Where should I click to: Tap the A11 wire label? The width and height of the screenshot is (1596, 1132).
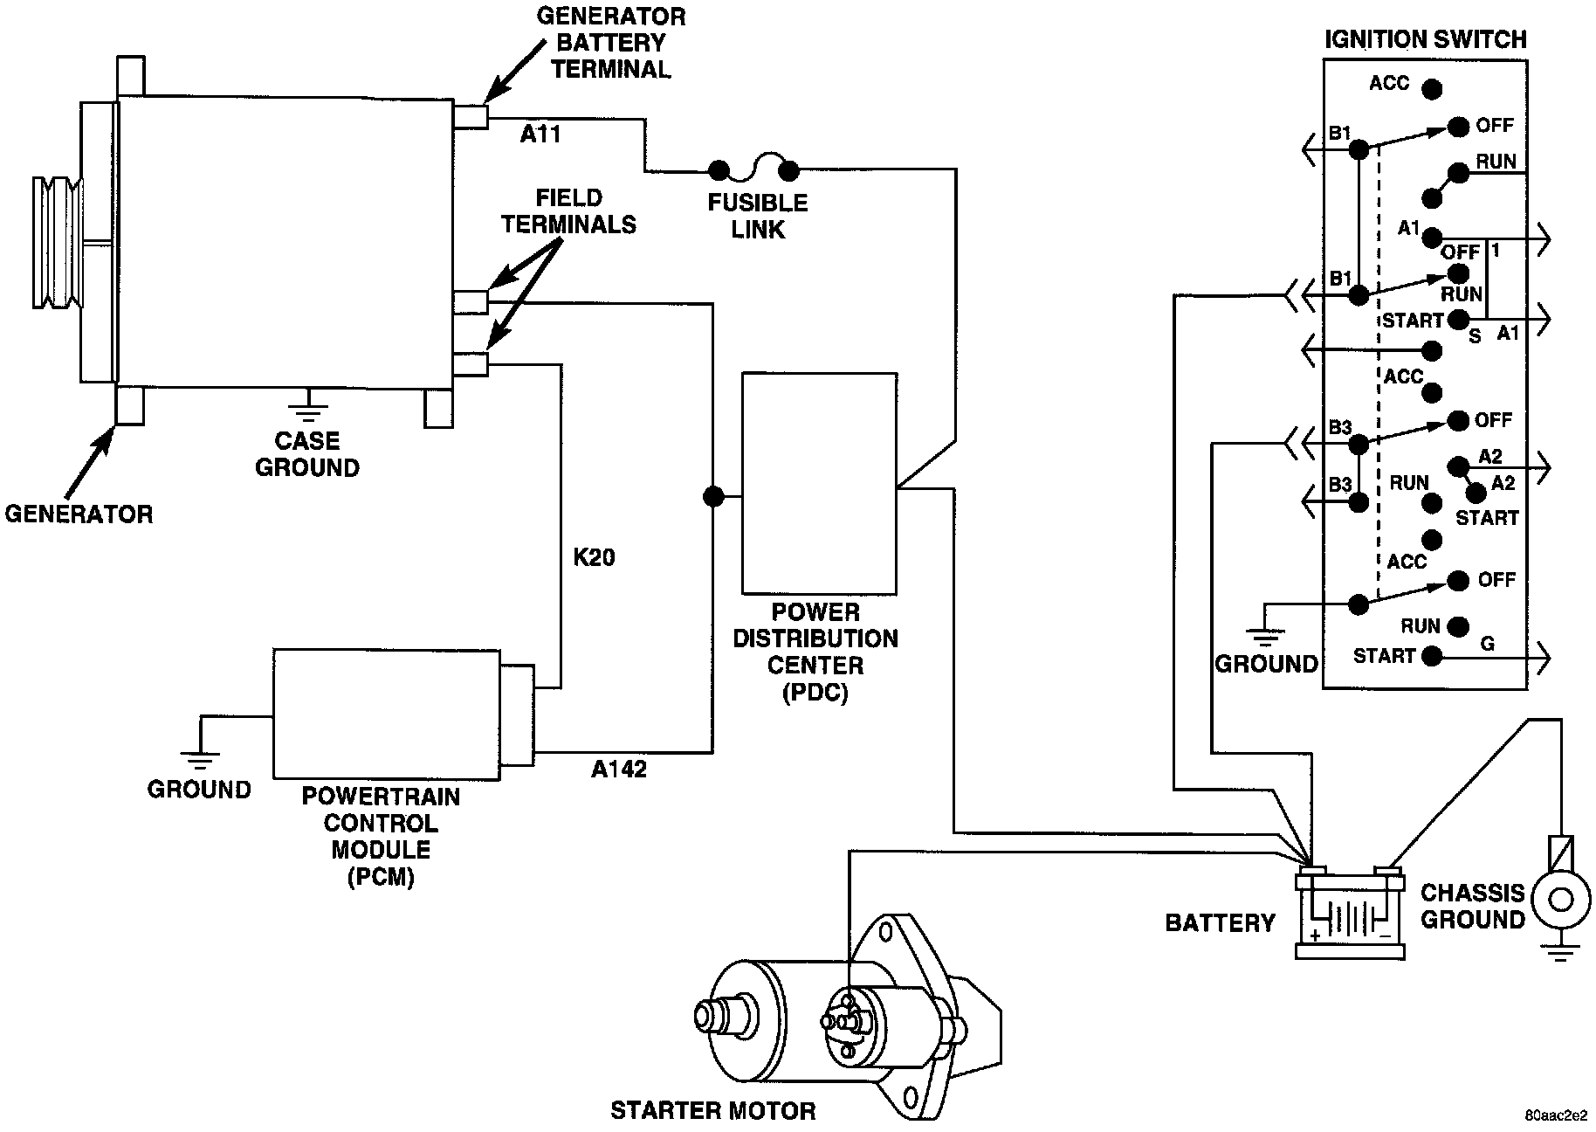[x=540, y=134]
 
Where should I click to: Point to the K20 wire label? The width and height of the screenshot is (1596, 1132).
[x=594, y=557]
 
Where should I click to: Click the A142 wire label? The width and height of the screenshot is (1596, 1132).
[x=619, y=769]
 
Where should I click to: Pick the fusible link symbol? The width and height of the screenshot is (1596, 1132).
[x=753, y=166]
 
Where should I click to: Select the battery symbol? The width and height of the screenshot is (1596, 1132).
[x=1349, y=913]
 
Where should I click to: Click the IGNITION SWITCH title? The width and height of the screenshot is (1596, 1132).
[x=1426, y=39]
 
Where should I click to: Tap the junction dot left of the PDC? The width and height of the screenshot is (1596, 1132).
[x=713, y=496]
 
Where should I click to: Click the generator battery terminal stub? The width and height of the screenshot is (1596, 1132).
[x=471, y=116]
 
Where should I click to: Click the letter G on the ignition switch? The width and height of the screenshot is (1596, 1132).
[x=1487, y=644]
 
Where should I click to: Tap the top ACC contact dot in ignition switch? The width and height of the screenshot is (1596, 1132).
[x=1432, y=88]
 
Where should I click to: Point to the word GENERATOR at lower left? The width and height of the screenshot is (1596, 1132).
[x=79, y=514]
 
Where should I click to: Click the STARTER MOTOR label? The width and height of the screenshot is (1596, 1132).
[x=712, y=1110]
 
